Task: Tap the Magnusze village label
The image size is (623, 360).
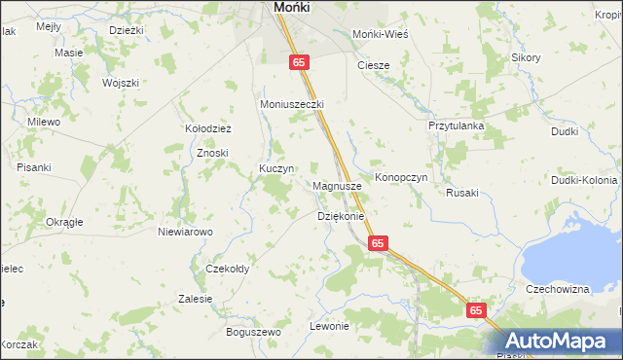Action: [x=338, y=185]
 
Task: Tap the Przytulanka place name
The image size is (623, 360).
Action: [x=456, y=126]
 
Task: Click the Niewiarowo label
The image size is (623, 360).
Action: [x=185, y=232]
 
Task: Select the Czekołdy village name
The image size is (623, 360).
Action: [x=228, y=269]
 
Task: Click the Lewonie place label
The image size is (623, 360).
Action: [x=329, y=326]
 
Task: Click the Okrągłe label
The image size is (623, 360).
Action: [x=64, y=222]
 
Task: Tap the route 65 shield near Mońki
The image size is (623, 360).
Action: [x=300, y=61]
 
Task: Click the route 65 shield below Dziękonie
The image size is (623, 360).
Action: [x=378, y=243]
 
